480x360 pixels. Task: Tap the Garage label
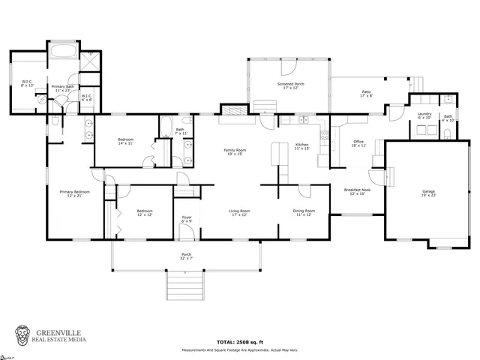428,193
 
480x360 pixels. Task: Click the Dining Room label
303,213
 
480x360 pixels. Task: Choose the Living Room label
239,213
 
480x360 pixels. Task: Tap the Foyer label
187,219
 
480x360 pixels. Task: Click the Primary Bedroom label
75,194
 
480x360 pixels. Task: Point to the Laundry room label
424,115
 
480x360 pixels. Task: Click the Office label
358,144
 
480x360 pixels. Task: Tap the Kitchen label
301,146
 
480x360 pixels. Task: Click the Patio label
366,94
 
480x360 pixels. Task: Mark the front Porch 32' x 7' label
187,256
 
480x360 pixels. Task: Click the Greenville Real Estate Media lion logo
24,335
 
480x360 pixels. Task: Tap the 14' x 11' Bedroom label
125,142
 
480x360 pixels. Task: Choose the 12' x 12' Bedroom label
145,213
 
